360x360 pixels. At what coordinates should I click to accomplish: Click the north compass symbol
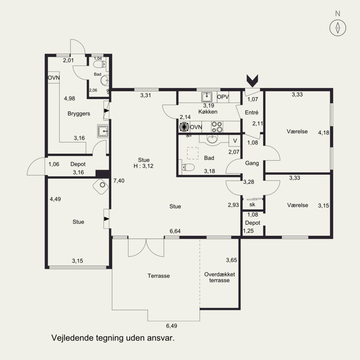coord(338,28)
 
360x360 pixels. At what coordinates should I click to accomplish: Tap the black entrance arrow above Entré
coord(252,81)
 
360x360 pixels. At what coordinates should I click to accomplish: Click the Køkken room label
coord(208,112)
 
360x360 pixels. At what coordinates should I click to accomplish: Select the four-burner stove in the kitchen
coord(217,127)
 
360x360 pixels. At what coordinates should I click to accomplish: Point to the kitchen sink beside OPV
coord(207,97)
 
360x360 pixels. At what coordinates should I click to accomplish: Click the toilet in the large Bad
coord(188,167)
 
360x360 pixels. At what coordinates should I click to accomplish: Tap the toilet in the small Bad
coord(99,64)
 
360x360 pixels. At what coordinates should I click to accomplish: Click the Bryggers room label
coord(79,114)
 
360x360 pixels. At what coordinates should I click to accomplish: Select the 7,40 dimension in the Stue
coord(119,181)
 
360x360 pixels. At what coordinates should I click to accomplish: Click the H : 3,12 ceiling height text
coord(144,166)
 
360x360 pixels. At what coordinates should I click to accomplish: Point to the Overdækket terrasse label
coord(220,277)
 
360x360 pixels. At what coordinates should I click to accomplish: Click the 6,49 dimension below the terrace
coord(172,326)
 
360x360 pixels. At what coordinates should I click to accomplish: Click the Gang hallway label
coord(252,163)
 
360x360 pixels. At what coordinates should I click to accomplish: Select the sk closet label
coord(252,205)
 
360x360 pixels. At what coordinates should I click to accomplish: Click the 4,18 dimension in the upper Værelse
coord(324,133)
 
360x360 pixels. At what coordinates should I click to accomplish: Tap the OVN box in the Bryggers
coord(54,78)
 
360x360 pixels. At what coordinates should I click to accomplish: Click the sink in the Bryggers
coord(103,131)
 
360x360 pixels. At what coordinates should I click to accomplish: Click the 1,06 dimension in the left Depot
coord(54,164)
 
